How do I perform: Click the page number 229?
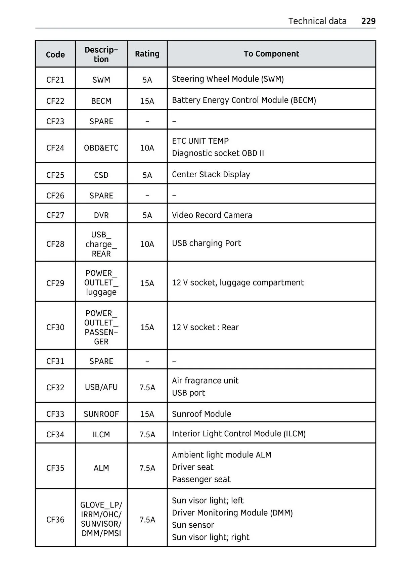(368, 21)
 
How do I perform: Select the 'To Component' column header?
(271, 54)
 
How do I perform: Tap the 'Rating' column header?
(147, 54)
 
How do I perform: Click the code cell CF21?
(55, 80)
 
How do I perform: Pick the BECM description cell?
(101, 101)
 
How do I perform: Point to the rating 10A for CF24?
(147, 148)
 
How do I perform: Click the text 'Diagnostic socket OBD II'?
(218, 153)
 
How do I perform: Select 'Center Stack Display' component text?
(211, 174)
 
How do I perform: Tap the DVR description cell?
(101, 215)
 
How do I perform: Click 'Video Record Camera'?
(212, 215)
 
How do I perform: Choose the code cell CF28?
(55, 244)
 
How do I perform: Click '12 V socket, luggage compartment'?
(238, 282)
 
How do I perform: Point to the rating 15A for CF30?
(147, 327)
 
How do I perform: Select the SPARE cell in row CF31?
(101, 361)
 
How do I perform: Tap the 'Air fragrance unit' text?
(205, 381)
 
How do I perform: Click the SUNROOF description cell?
(101, 414)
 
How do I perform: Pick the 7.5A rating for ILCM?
(147, 434)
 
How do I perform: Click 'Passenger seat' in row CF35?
(201, 479)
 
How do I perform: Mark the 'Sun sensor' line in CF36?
(193, 525)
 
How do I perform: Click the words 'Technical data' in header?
(317, 21)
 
